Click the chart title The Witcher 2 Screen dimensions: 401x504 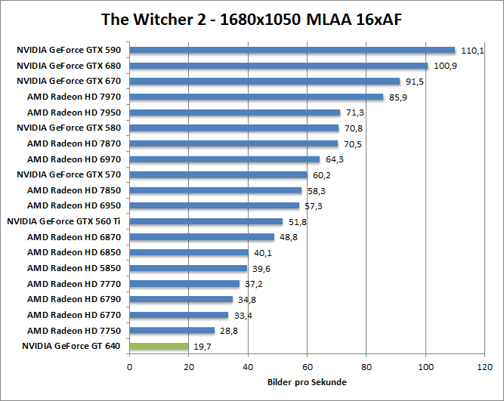click(x=252, y=18)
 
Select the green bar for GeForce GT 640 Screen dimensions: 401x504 click(x=159, y=346)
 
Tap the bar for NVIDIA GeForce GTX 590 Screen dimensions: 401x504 click(x=292, y=51)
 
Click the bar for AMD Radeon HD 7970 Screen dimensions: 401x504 click(x=257, y=97)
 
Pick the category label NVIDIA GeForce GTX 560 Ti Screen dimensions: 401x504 click(x=63, y=221)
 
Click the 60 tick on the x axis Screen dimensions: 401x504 click(x=308, y=368)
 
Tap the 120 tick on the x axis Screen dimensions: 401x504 click(x=484, y=368)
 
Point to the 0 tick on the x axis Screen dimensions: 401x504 click(x=130, y=368)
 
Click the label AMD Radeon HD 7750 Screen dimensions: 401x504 click(x=73, y=331)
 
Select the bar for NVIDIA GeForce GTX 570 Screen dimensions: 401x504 click(x=218, y=174)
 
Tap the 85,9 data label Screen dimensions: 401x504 click(x=399, y=97)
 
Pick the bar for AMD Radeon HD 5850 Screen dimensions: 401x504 click(x=188, y=268)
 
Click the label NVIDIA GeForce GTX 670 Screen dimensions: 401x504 click(x=69, y=81)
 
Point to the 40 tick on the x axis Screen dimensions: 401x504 click(x=249, y=368)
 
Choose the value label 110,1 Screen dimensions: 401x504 click(x=472, y=51)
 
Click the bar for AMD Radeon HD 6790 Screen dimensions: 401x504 click(x=181, y=300)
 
